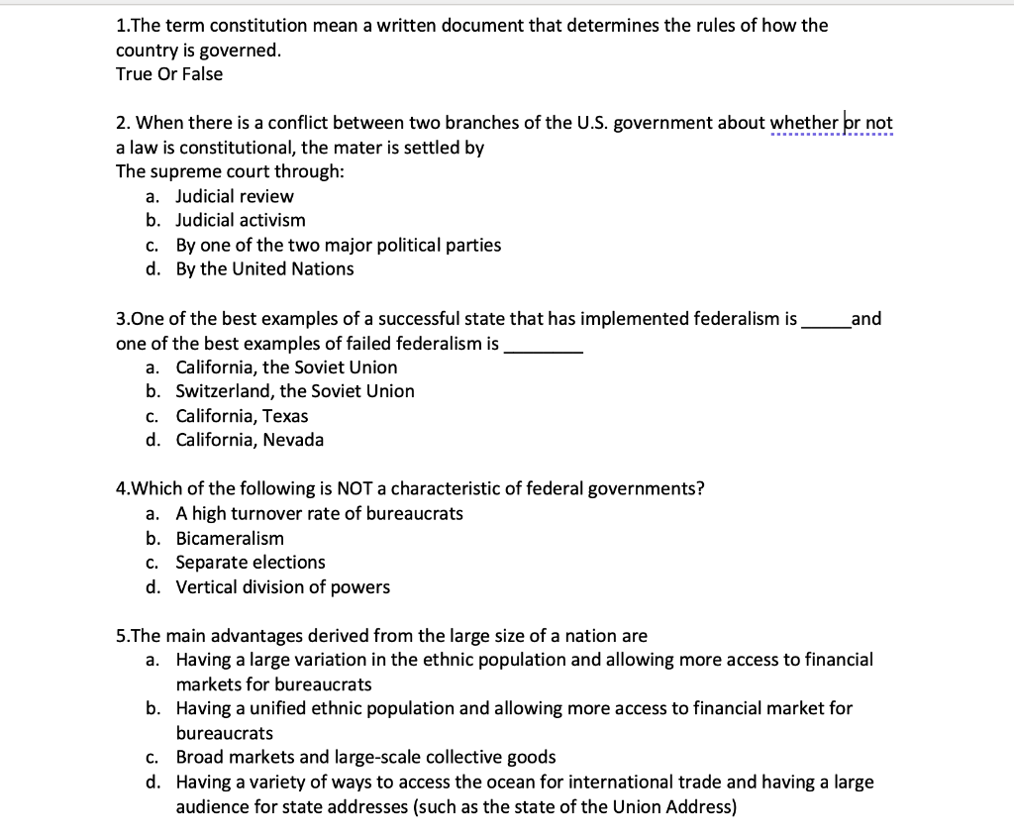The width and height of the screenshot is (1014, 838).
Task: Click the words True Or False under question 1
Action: [x=169, y=74]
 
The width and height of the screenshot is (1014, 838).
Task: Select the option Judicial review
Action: [x=235, y=196]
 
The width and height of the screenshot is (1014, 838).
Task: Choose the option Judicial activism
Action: [x=241, y=220]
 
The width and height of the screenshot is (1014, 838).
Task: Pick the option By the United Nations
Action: [x=264, y=268]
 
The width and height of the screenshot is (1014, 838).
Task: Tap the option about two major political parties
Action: [x=338, y=245]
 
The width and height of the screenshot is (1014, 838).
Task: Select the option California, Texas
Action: [x=242, y=416]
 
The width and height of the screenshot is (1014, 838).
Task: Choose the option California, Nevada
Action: [x=250, y=440]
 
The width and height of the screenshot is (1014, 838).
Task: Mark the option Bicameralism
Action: [x=230, y=538]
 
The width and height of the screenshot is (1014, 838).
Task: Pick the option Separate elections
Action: [x=251, y=563]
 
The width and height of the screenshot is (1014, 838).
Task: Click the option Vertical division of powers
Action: [x=282, y=586]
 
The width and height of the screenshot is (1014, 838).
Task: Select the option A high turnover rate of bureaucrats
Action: [x=319, y=513]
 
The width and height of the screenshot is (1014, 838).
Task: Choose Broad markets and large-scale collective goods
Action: [x=365, y=757]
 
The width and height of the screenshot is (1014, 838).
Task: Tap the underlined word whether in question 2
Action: [x=804, y=123]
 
